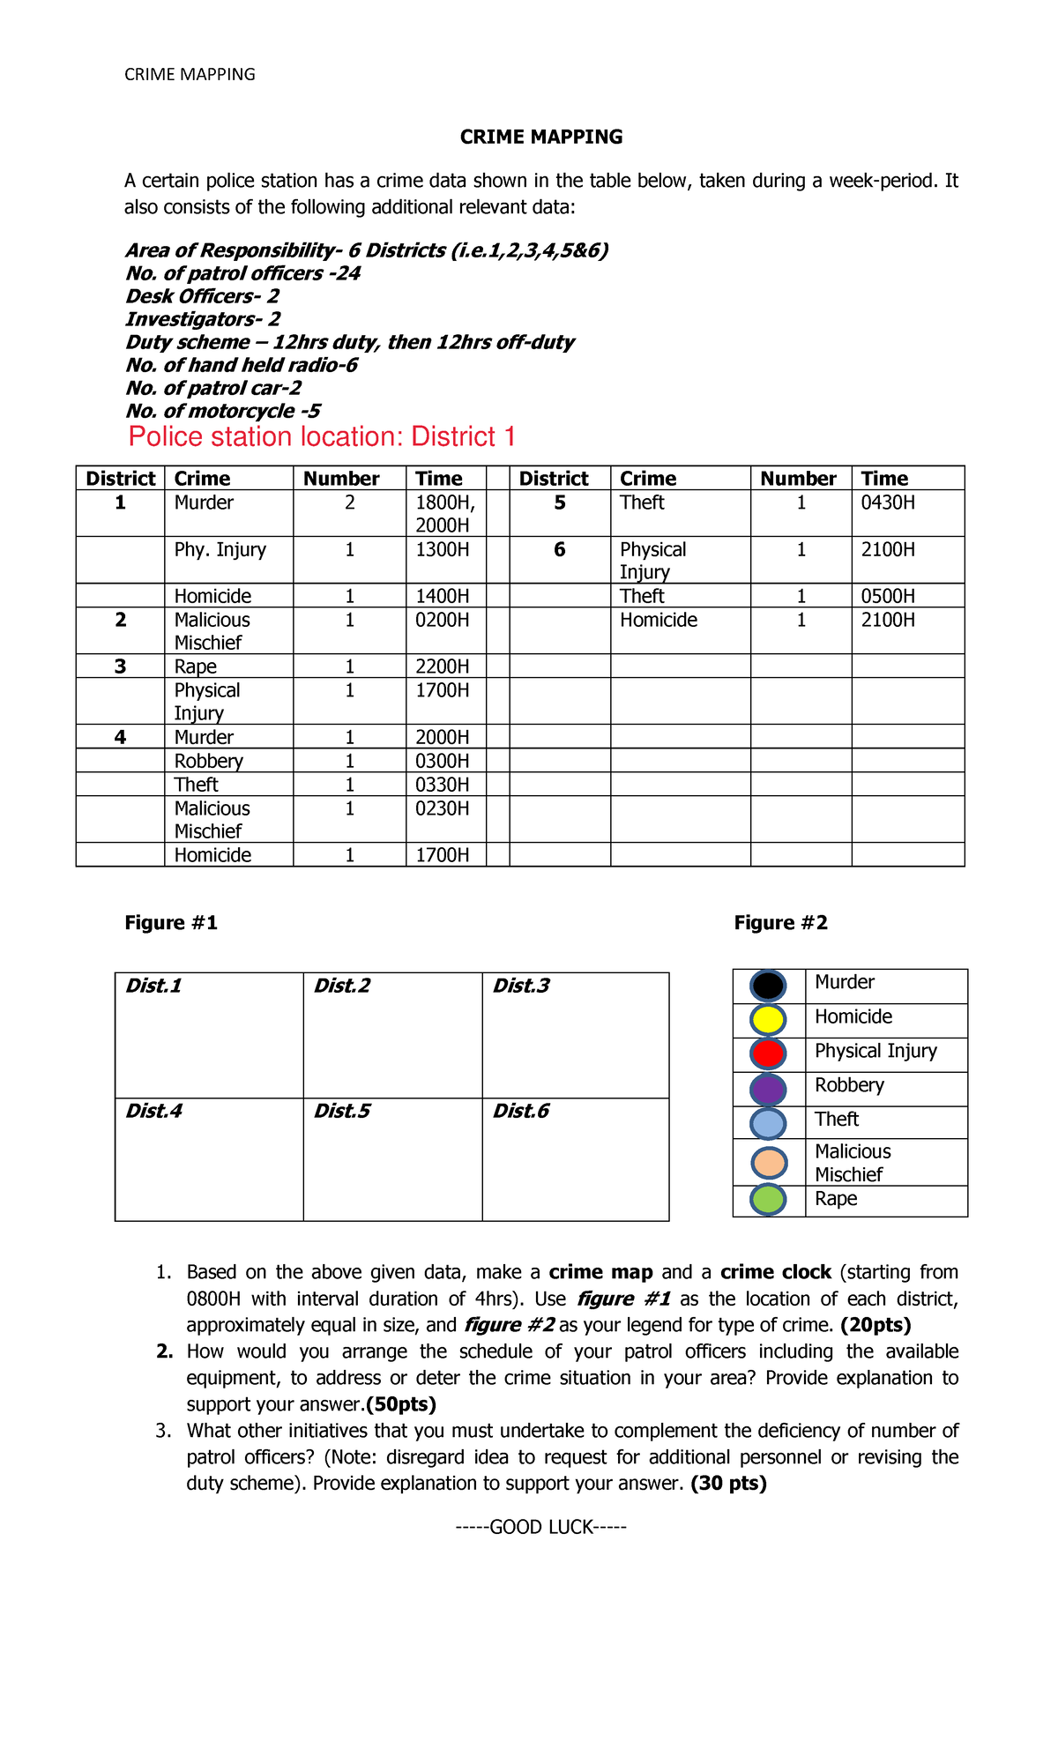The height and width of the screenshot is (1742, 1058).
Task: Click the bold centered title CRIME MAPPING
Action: point(541,137)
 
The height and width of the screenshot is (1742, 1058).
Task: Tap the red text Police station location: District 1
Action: point(322,436)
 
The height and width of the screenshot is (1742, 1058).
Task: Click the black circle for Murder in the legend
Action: point(768,986)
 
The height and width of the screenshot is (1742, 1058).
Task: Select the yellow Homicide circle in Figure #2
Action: point(768,1019)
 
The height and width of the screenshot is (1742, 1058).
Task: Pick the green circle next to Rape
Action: point(768,1200)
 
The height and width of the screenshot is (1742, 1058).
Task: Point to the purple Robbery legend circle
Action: point(768,1089)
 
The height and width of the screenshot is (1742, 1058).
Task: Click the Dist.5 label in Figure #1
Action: point(342,1111)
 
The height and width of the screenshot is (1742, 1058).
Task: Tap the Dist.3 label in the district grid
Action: point(521,986)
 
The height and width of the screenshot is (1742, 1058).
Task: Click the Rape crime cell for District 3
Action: point(196,666)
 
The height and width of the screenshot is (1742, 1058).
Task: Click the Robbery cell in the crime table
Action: point(209,761)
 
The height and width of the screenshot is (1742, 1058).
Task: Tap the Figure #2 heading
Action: point(780,923)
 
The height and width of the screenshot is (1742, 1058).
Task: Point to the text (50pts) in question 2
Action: point(401,1403)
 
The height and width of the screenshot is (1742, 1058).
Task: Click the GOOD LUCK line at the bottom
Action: point(541,1527)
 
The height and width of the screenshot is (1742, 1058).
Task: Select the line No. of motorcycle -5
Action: point(223,411)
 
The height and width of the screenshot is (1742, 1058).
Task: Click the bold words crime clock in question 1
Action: point(775,1272)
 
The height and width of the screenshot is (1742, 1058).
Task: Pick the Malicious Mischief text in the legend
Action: point(853,1163)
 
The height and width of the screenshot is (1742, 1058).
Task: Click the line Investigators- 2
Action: point(203,319)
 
